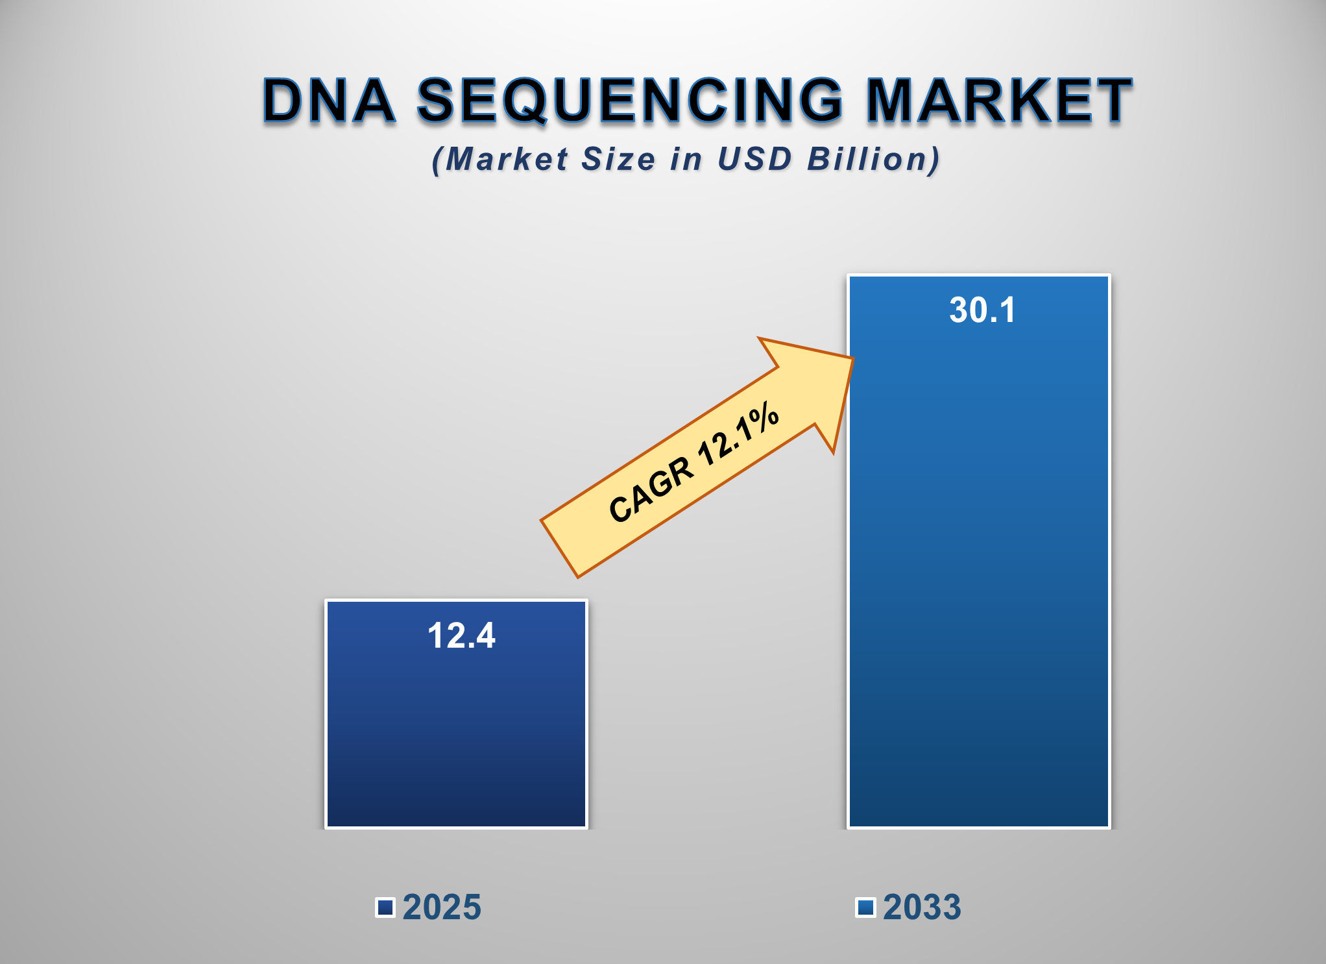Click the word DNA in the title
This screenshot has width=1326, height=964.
[x=329, y=101]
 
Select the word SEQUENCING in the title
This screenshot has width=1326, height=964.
[x=630, y=101]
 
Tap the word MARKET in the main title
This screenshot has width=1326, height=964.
[x=1000, y=101]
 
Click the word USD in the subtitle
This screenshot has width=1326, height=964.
[x=754, y=160]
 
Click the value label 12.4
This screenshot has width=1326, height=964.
[x=461, y=636]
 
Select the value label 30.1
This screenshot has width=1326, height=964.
[x=982, y=310]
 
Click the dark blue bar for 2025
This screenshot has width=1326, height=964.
[x=456, y=734]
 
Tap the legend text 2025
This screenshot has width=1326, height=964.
[x=442, y=907]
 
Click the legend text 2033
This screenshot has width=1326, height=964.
[x=922, y=907]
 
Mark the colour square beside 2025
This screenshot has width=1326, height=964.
[x=385, y=907]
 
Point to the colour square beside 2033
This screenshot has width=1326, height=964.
[x=865, y=907]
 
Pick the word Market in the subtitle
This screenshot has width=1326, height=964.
[x=507, y=160]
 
